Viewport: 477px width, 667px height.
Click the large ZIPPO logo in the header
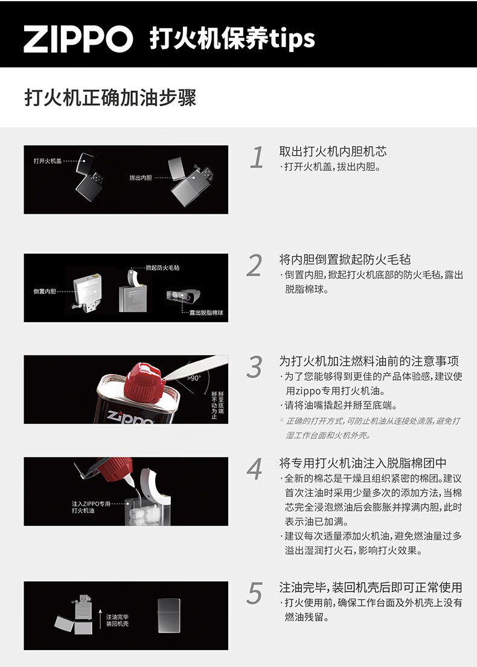78,39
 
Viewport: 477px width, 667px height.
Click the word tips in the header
292,39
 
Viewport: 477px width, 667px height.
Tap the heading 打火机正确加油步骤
110,98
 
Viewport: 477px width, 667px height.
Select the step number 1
257,158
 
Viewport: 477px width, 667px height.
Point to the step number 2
254,266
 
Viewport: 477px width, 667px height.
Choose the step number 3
254,367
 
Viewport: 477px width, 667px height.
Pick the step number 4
254,469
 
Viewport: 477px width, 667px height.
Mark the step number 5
254,593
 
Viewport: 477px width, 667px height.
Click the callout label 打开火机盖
48,161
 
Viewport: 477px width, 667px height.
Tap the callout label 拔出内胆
141,177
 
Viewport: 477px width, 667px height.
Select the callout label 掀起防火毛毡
162,267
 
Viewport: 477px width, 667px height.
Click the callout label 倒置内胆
45,292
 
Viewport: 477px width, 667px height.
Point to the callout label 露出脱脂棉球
206,313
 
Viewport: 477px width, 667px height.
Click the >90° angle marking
194,378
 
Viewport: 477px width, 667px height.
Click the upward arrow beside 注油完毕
100,619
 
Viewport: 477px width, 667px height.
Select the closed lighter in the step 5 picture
169,615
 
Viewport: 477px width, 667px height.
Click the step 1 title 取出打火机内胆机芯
333,151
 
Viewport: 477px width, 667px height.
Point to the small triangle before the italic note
282,420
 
